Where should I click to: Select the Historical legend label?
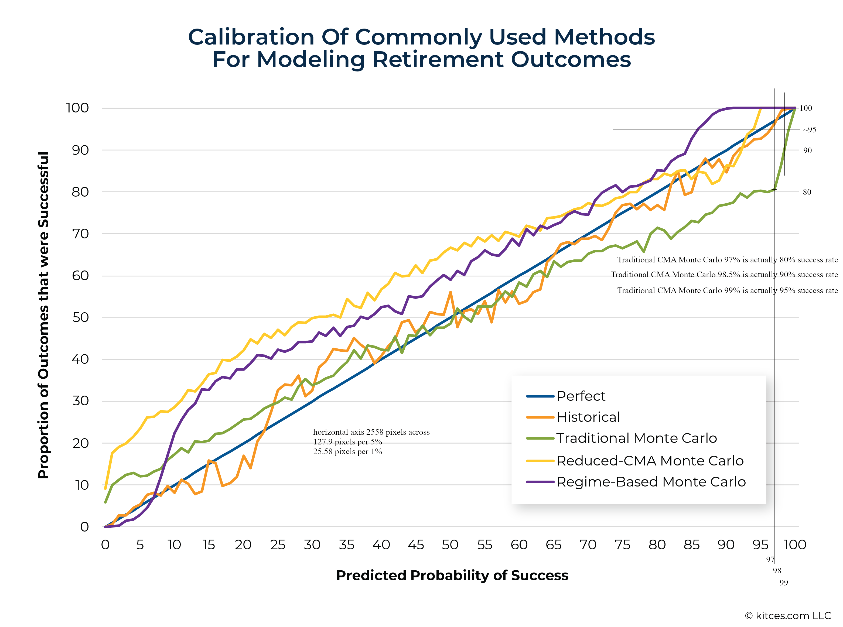(588, 417)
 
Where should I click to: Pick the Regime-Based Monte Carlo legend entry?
(651, 482)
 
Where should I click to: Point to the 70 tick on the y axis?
(80, 234)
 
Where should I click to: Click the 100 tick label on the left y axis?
(77, 108)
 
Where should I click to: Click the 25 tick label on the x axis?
(278, 545)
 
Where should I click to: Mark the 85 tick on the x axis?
(692, 545)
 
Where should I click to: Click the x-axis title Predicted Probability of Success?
(452, 576)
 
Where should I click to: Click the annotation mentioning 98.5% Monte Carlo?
(724, 275)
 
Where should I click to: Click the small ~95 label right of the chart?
(809, 130)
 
